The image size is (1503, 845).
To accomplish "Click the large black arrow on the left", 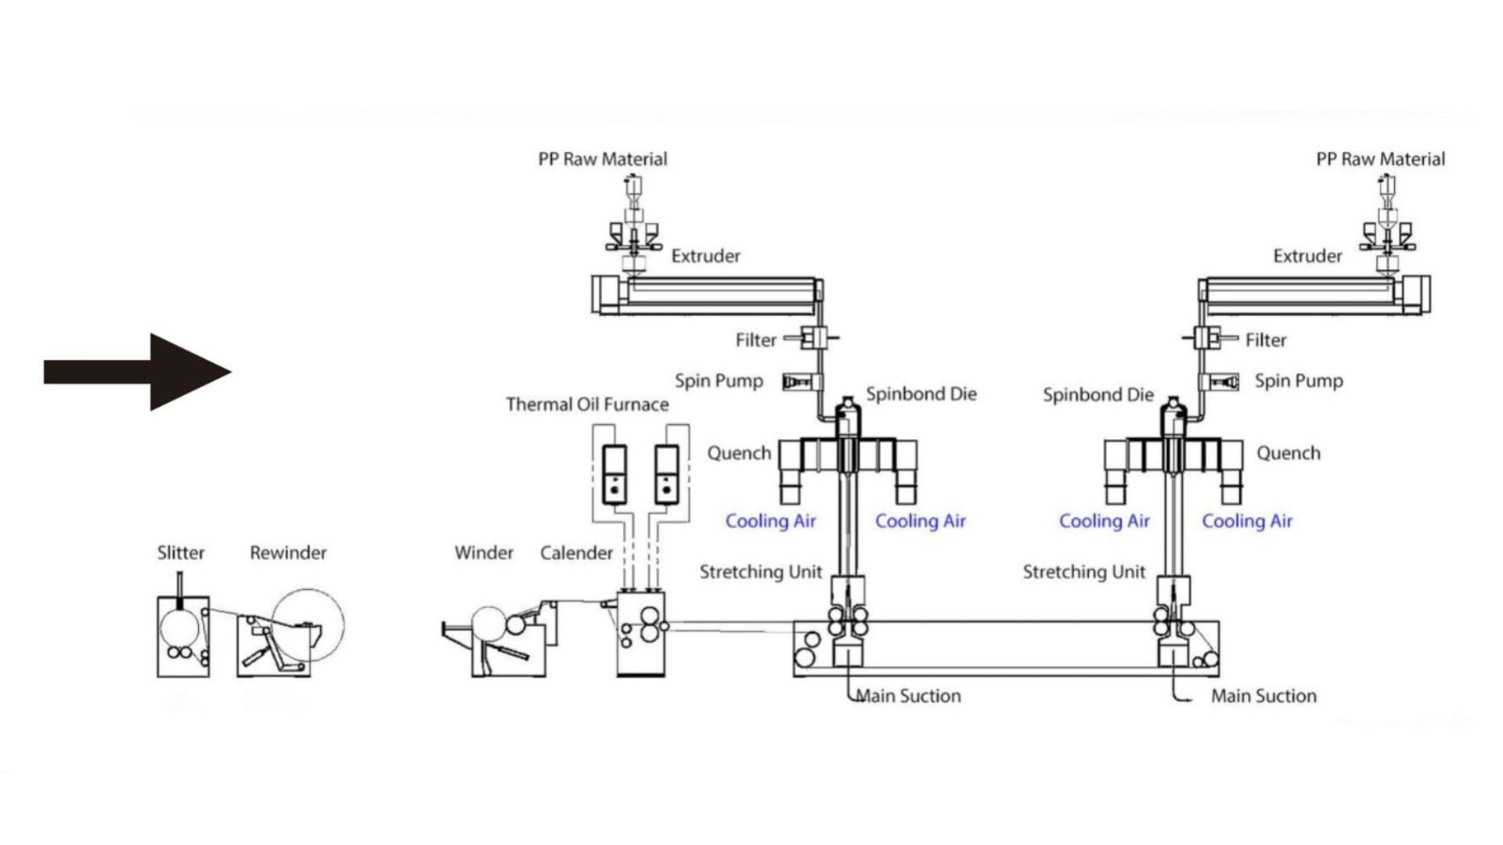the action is click(138, 372).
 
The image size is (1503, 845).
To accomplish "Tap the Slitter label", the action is click(181, 552).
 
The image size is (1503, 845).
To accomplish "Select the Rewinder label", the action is click(288, 552).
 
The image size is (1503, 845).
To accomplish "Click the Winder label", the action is click(484, 552).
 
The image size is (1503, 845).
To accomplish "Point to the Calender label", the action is click(576, 552).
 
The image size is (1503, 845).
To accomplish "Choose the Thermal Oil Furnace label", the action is click(587, 404).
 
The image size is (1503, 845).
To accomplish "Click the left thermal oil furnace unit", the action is click(615, 474).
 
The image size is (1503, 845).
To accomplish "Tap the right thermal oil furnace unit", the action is click(666, 474).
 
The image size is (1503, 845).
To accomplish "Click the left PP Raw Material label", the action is click(603, 159).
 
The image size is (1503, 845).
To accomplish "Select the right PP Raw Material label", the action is click(1381, 159).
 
